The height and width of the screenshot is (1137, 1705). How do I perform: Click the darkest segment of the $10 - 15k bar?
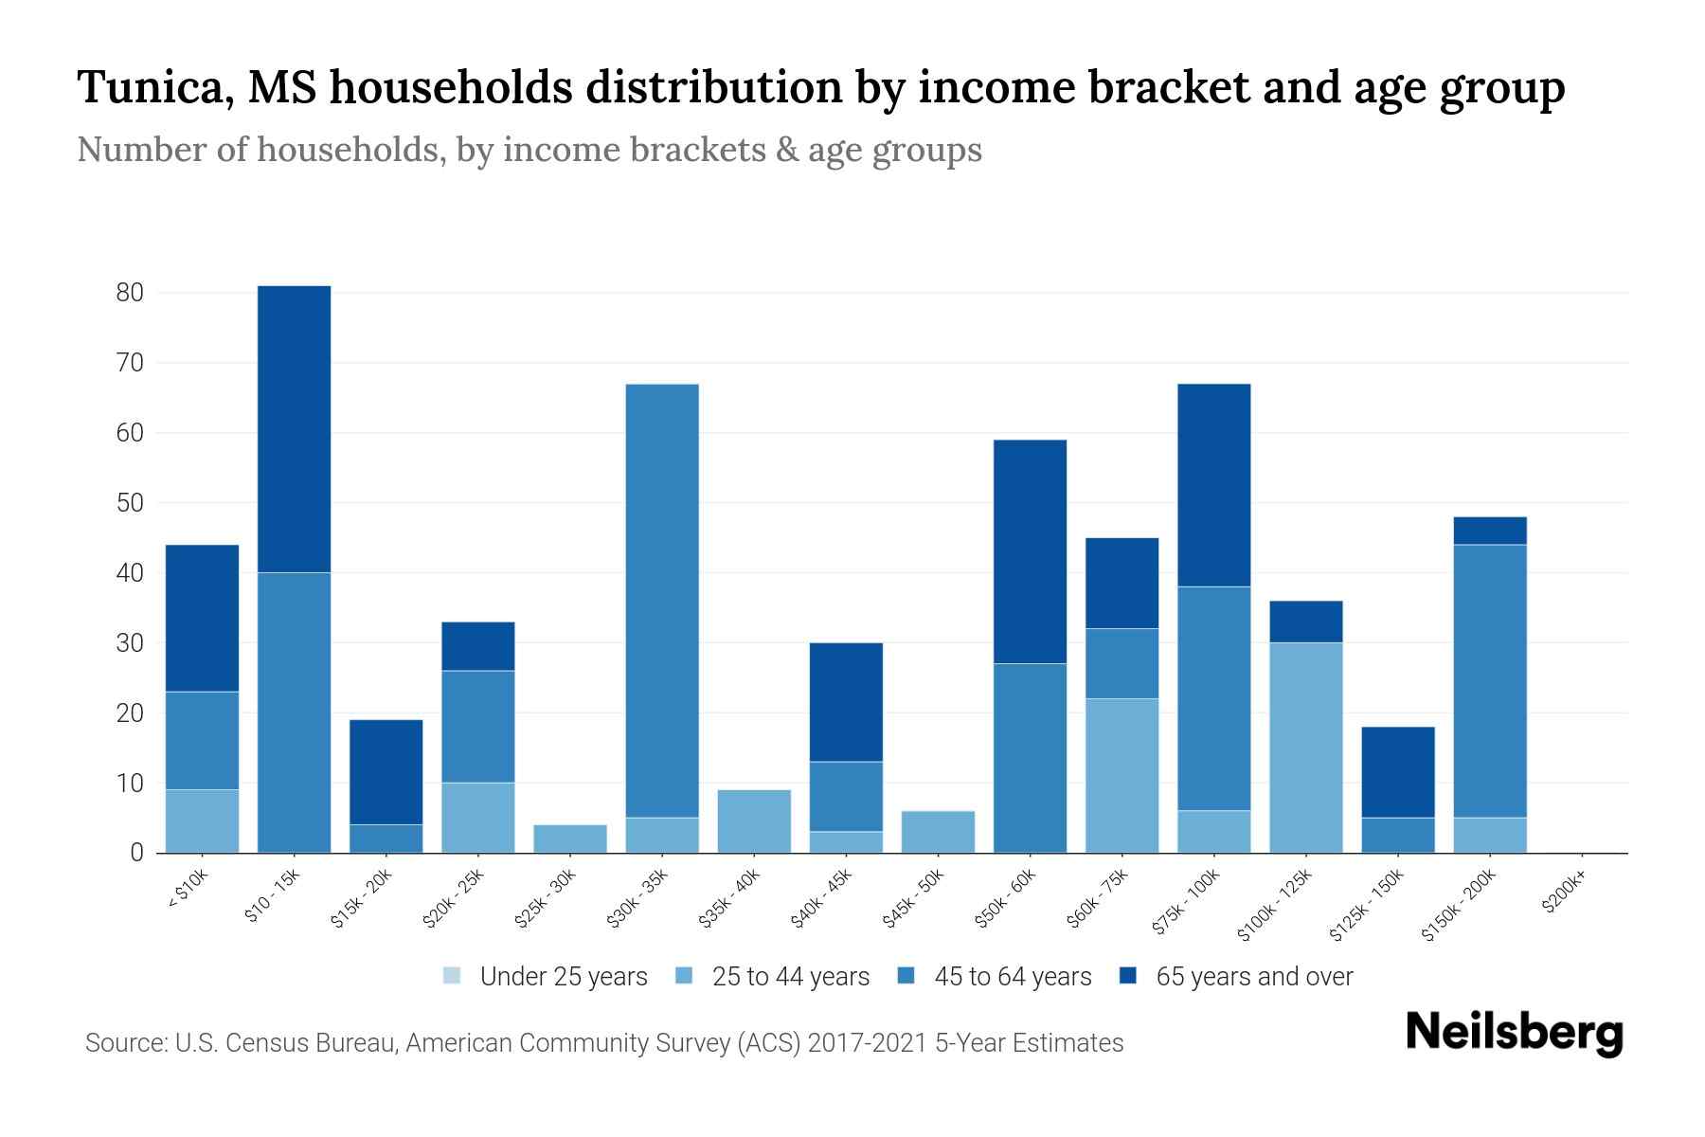coord(294,428)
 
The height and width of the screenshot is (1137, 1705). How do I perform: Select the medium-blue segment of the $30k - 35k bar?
coord(662,601)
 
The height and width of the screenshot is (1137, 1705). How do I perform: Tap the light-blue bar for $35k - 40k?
coord(754,821)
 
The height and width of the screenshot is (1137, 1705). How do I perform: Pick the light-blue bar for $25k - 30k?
coord(570,839)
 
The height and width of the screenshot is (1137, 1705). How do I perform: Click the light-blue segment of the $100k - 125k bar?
coord(1306,748)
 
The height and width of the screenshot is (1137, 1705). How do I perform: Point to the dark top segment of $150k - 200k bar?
coord(1490,531)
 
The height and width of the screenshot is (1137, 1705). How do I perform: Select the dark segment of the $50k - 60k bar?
coord(1030,551)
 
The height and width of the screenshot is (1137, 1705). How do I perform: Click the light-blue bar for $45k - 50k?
coord(938,832)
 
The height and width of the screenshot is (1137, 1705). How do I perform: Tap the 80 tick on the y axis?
coord(130,293)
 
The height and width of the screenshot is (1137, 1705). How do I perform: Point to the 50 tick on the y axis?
coord(130,503)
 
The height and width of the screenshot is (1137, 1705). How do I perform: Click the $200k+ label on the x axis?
coord(1564,894)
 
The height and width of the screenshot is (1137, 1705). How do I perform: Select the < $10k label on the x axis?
coord(188,891)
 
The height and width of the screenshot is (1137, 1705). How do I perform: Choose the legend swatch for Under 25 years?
coord(452,976)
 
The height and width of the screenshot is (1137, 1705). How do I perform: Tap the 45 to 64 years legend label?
coord(1012,977)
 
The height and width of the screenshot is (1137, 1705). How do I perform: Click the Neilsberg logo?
coord(1514,1033)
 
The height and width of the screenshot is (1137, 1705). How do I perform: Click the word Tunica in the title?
coord(149,87)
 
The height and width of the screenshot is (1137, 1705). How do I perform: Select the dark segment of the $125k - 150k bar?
coord(1398,772)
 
